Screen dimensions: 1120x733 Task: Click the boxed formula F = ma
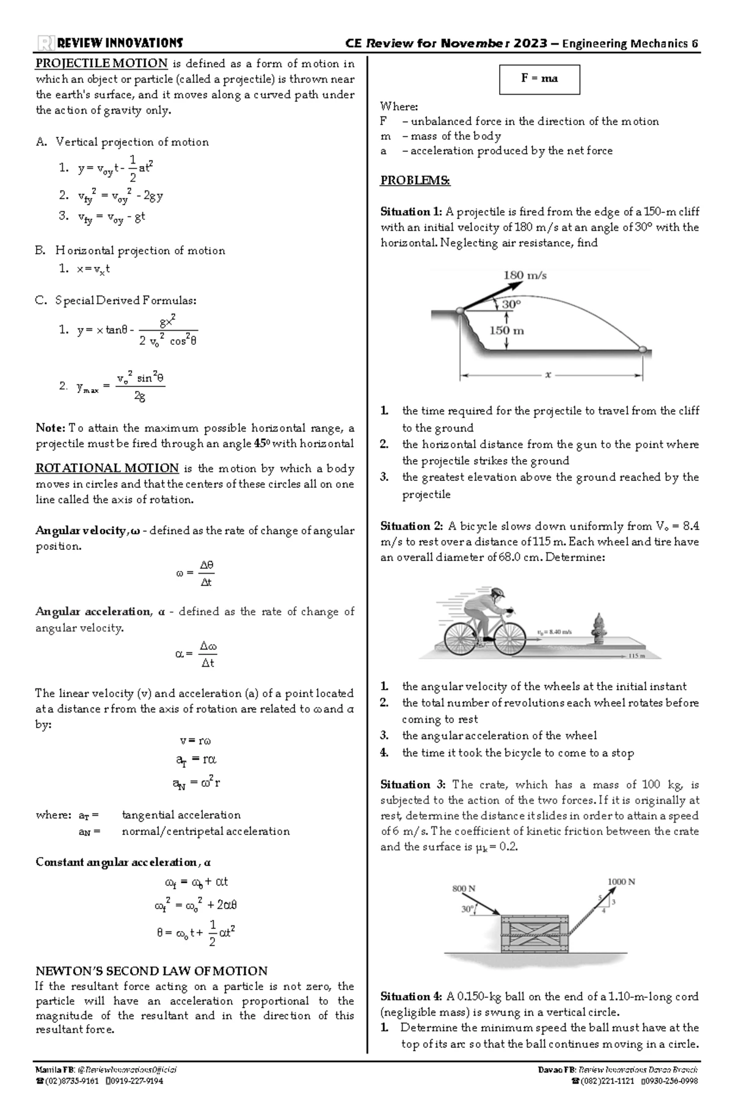(x=539, y=79)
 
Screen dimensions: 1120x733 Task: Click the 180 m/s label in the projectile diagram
(x=525, y=275)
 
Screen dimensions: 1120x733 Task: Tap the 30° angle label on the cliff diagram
(x=512, y=303)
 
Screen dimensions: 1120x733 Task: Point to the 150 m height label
(x=507, y=331)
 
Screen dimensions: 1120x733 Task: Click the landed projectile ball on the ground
(x=642, y=349)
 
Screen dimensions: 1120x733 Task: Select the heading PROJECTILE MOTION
(x=101, y=63)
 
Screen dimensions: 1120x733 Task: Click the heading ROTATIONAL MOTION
(x=107, y=468)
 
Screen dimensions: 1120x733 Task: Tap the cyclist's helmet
(x=497, y=593)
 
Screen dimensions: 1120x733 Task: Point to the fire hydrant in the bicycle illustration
(x=597, y=629)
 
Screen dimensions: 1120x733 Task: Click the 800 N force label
(x=464, y=889)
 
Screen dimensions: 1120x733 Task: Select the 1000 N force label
(x=621, y=881)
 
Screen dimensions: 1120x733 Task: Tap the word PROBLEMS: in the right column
(x=415, y=181)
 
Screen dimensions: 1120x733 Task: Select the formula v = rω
(x=195, y=741)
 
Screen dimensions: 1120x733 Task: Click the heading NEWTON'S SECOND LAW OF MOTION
(x=151, y=971)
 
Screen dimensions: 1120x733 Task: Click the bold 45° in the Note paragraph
(x=262, y=444)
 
